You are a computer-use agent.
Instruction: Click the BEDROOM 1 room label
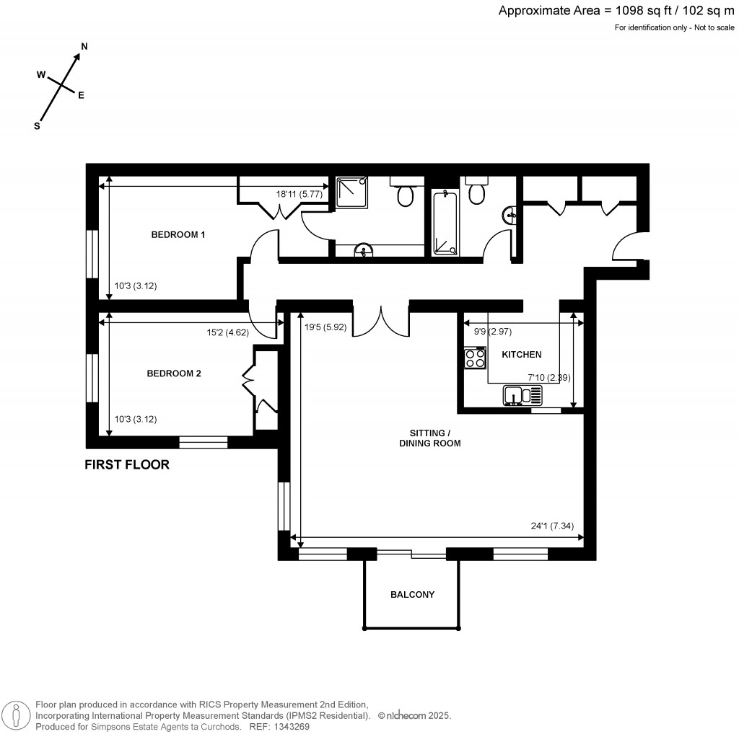click(178, 234)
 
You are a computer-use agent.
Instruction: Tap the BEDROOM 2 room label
click(174, 373)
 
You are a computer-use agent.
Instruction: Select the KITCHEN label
click(521, 355)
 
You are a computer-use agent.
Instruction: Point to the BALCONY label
click(412, 595)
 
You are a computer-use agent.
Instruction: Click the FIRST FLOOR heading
click(127, 465)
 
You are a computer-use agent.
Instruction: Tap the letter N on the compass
click(84, 46)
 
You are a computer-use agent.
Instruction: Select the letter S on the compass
click(37, 125)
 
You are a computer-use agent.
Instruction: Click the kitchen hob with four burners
click(475, 358)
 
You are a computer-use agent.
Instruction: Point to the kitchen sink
click(522, 395)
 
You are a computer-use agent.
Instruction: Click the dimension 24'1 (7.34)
click(552, 526)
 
